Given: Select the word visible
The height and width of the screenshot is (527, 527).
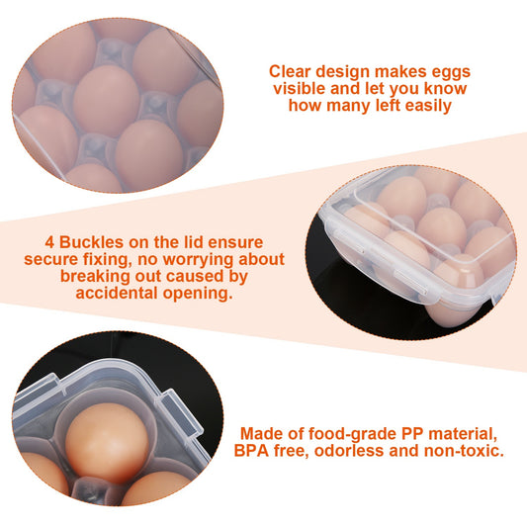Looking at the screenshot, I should (298, 88).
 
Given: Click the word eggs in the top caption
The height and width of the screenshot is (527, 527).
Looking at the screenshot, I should (448, 71).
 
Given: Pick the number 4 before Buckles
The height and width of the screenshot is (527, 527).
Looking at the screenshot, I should (49, 242).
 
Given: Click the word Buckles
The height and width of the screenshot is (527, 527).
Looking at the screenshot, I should (95, 242).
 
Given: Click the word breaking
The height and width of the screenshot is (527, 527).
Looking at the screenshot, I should (94, 278).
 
